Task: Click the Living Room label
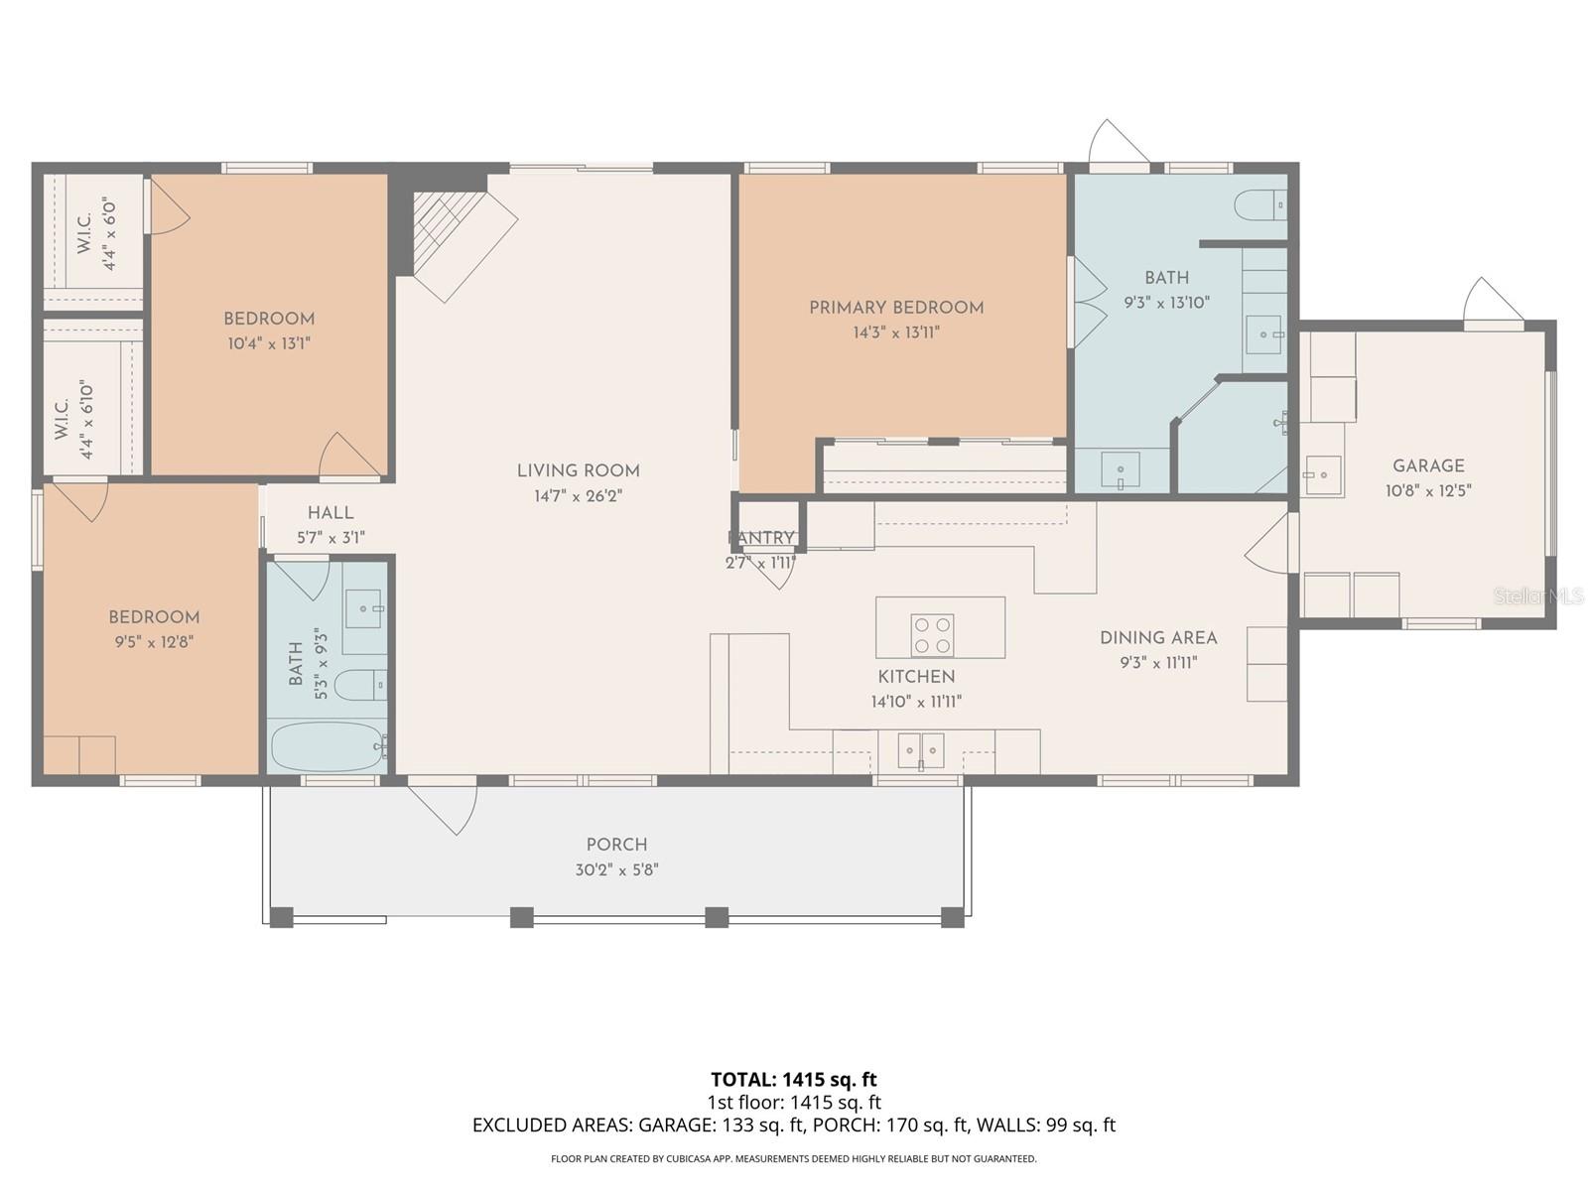[578, 471]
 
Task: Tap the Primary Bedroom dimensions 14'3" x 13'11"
[895, 332]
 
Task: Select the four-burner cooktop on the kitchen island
[932, 635]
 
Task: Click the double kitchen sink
[921, 750]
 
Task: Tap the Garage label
[1428, 465]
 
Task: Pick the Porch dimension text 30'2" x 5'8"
[616, 870]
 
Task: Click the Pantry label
[762, 538]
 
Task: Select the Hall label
[331, 513]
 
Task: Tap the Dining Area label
[1158, 638]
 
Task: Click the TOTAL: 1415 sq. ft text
[793, 1079]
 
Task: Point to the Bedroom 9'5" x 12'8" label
[154, 617]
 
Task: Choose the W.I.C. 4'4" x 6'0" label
[96, 234]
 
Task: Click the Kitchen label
[916, 677]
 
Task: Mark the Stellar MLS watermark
[1537, 596]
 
